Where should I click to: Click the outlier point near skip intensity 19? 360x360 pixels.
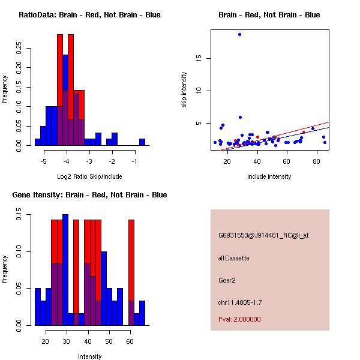(239, 34)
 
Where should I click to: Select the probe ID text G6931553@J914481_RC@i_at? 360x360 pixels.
(263, 236)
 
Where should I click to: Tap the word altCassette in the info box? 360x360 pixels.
(233, 258)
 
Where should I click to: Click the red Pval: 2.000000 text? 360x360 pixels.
(239, 319)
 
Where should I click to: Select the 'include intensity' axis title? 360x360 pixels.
(269, 176)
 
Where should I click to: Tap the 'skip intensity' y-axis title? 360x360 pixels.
(184, 90)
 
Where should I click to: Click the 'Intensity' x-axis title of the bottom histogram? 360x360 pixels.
(89, 356)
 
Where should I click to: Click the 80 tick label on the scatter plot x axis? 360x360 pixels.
(316, 161)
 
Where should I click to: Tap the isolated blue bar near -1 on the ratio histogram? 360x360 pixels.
(142, 142)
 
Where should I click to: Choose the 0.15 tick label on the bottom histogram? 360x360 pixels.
(21, 217)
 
